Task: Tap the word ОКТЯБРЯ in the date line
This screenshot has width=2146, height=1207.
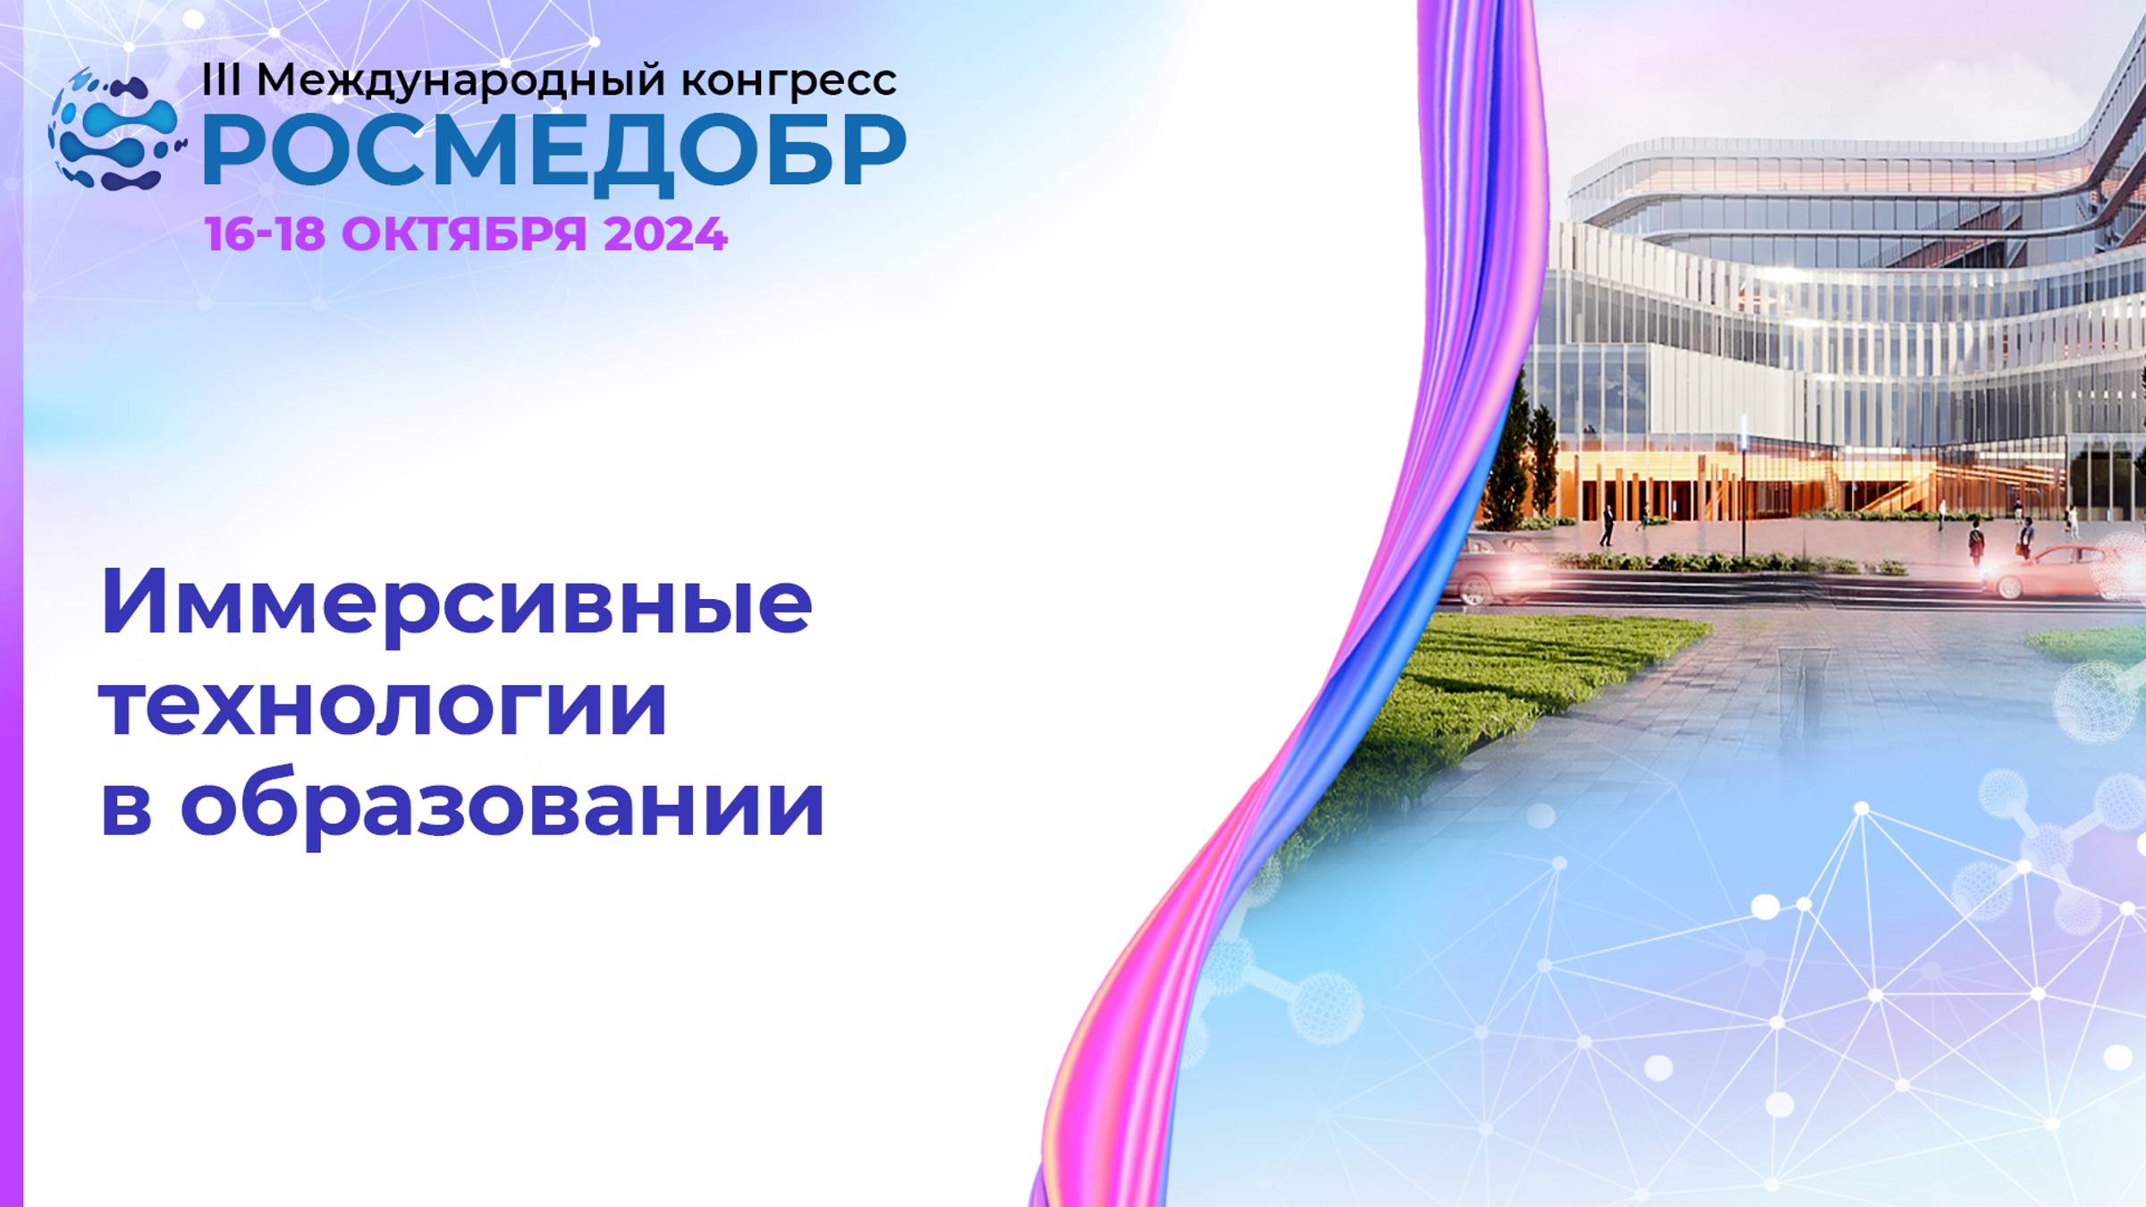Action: pos(464,234)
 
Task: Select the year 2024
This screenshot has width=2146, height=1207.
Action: pos(665,234)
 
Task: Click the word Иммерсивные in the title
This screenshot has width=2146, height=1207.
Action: pos(456,602)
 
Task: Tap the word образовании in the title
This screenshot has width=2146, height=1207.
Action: pos(503,805)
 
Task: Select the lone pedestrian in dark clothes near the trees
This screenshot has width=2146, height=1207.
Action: pos(1607,526)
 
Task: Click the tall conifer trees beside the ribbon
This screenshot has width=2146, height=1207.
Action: pos(1520,465)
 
